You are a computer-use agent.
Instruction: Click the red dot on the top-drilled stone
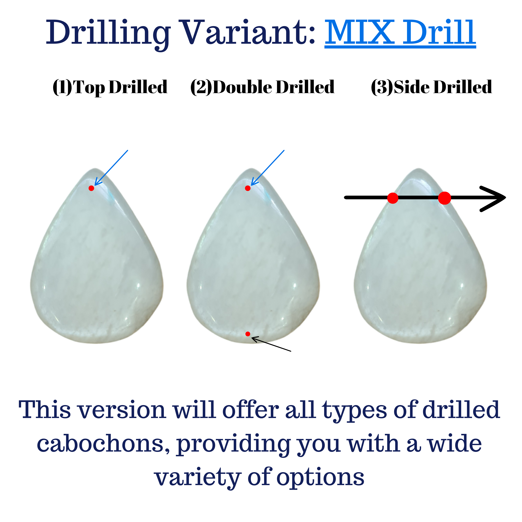[91, 188]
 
